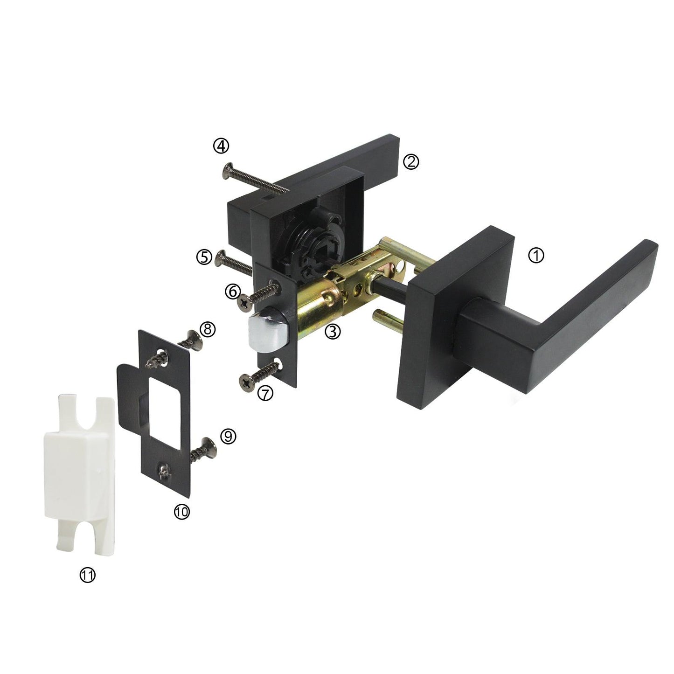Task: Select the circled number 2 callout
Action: click(x=411, y=161)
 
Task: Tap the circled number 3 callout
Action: click(x=332, y=331)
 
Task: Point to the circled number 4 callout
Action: click(x=221, y=146)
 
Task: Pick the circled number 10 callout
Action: click(x=181, y=512)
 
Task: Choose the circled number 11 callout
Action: click(x=87, y=575)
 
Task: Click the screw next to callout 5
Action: click(x=234, y=263)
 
